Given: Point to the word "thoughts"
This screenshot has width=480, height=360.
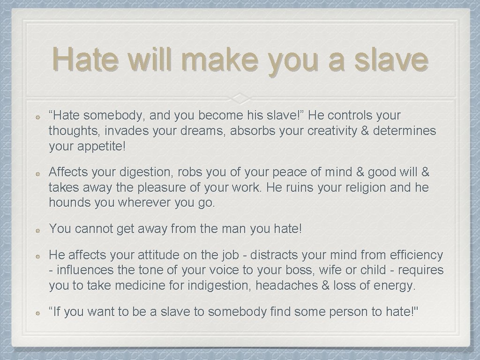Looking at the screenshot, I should (x=70, y=131).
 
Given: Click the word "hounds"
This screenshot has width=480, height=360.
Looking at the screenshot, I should (x=66, y=203).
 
